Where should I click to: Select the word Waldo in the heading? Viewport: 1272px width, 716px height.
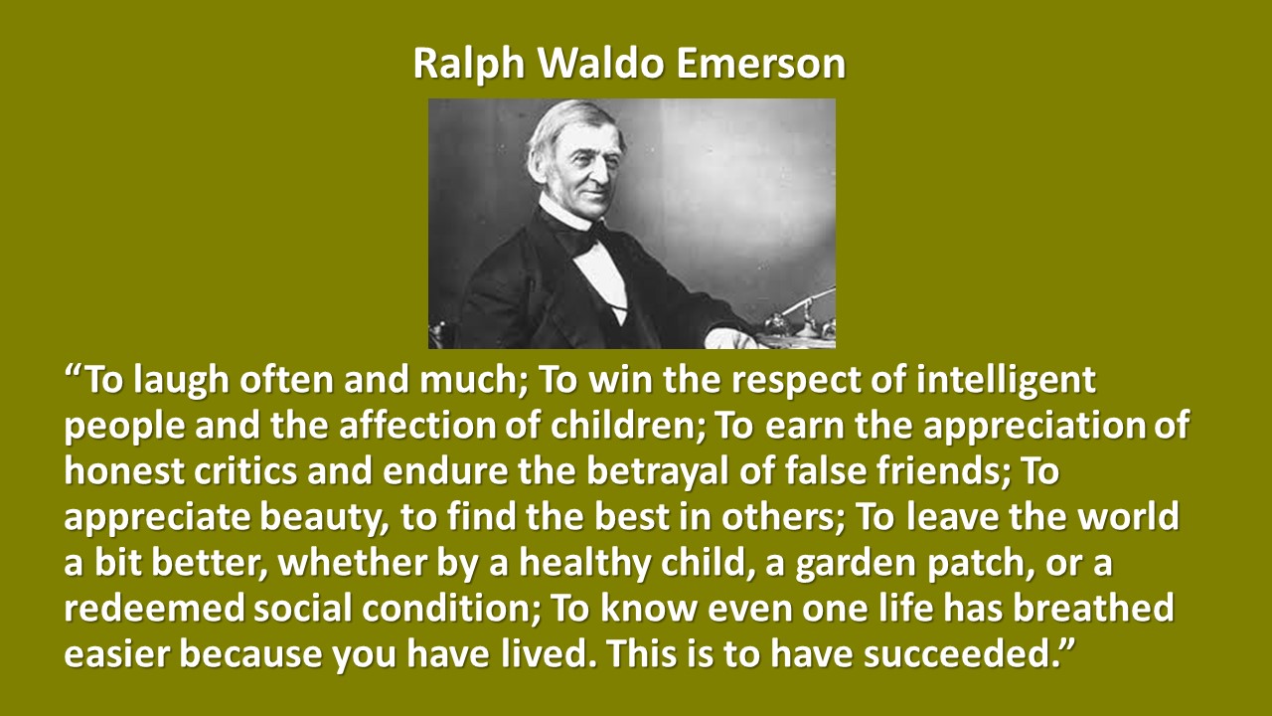(x=600, y=63)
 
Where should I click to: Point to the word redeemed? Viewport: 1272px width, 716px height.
(x=154, y=608)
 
